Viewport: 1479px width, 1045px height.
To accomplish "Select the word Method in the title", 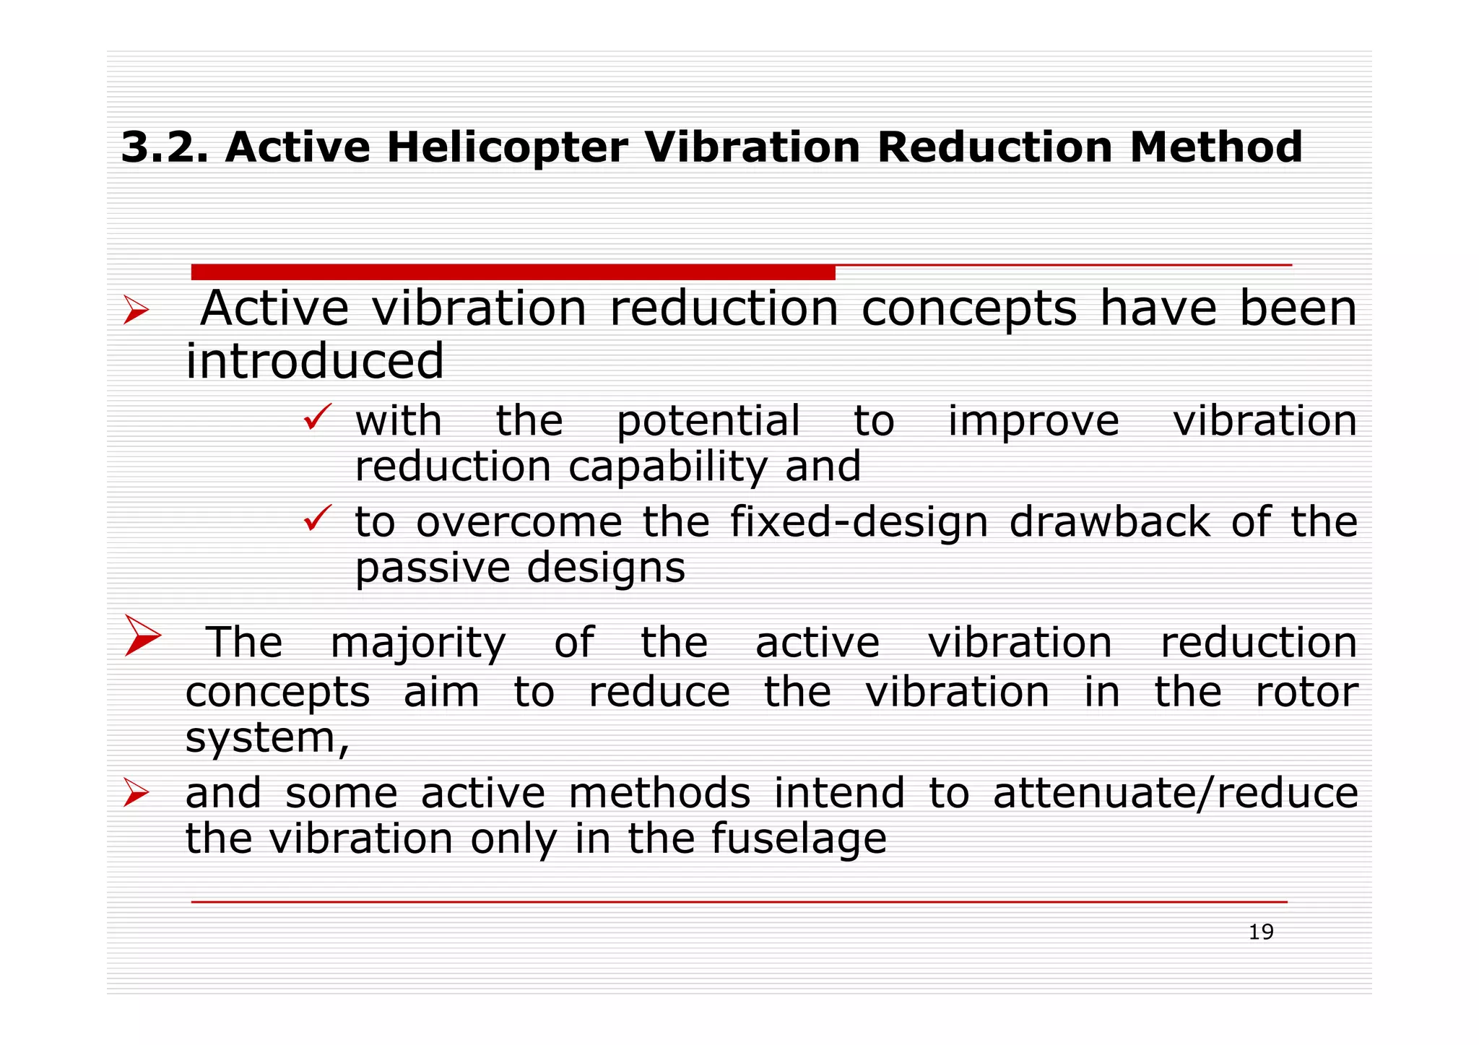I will (x=1215, y=147).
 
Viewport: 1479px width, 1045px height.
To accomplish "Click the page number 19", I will (x=1261, y=932).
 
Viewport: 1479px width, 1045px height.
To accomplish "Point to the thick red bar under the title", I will (x=513, y=272).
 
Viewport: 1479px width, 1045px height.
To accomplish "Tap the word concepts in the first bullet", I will (x=969, y=309).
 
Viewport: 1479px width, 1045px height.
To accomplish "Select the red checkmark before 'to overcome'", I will (x=317, y=518).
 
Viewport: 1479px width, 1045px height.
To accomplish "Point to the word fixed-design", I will (x=859, y=522).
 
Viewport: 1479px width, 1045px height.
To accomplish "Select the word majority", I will (x=418, y=643).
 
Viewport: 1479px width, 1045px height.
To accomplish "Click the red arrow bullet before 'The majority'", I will (x=142, y=635).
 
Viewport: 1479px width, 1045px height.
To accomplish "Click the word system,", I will (x=267, y=739).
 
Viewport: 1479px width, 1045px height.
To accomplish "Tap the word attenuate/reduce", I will (x=1175, y=794).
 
